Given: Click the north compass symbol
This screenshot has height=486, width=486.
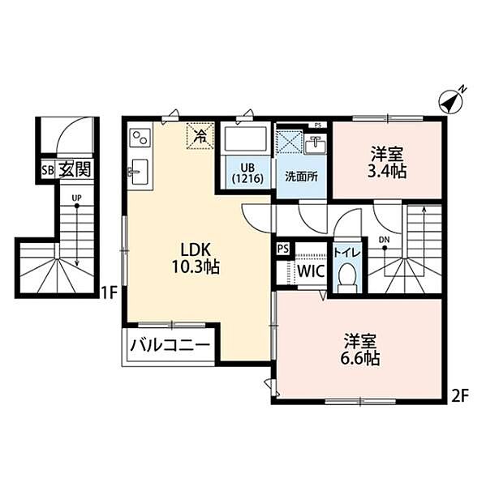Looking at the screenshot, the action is click(x=451, y=101).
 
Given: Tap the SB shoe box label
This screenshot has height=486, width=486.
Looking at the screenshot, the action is click(x=48, y=170).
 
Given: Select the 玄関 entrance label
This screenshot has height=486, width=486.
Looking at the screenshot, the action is click(x=75, y=169).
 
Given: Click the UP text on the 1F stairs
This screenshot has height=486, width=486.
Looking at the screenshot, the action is click(x=76, y=198).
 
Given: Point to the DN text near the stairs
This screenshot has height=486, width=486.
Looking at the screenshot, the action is click(x=384, y=239).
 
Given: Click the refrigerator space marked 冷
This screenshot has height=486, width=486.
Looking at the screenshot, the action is click(x=200, y=136).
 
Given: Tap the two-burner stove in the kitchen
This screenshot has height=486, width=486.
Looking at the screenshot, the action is click(x=140, y=137).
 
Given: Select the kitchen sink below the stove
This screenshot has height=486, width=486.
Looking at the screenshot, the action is click(x=140, y=172).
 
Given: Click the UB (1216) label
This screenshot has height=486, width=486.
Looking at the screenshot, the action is click(x=247, y=173).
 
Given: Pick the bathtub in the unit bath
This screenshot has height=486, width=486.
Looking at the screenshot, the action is click(x=246, y=139).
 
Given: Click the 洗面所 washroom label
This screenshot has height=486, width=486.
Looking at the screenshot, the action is click(x=301, y=177).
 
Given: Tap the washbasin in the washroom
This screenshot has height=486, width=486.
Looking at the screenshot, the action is click(x=315, y=145).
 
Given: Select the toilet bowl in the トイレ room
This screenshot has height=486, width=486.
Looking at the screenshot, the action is click(x=347, y=277).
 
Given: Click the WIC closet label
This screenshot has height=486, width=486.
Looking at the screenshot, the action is click(x=312, y=271).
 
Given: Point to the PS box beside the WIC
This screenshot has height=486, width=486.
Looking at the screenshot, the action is click(x=283, y=249).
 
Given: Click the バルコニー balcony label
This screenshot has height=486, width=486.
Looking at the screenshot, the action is click(x=170, y=345).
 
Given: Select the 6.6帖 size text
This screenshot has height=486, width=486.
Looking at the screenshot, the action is click(x=359, y=359).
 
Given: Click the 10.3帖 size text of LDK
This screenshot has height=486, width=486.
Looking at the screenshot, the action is click(x=196, y=266).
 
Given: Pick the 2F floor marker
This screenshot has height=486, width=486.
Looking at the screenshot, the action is click(x=459, y=396).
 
